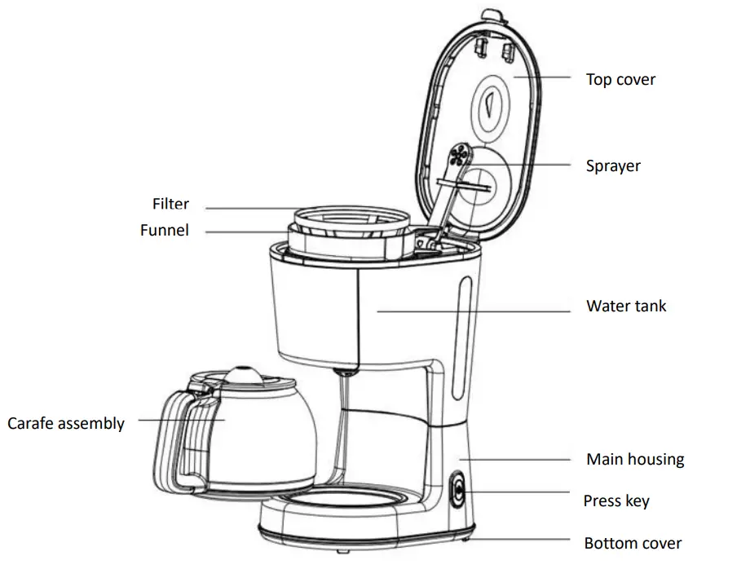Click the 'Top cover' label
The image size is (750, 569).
click(x=620, y=79)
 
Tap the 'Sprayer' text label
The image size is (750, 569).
click(x=613, y=166)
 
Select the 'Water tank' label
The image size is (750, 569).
click(x=626, y=307)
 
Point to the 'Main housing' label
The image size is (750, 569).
click(x=635, y=460)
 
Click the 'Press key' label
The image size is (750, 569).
click(x=616, y=501)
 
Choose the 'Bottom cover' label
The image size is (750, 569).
click(x=633, y=543)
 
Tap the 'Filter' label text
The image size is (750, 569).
click(x=170, y=204)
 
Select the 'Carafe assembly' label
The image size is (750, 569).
click(x=66, y=424)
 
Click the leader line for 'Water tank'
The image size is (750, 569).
click(x=473, y=310)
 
